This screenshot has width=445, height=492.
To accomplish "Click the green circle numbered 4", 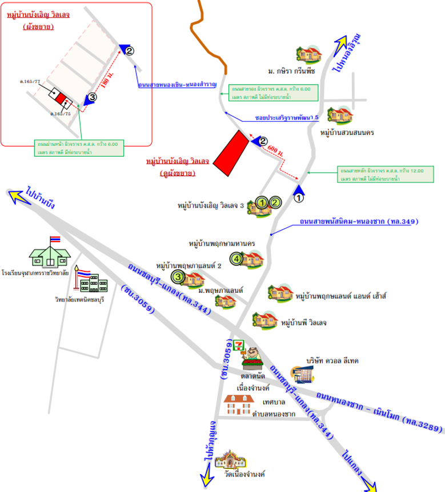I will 238,259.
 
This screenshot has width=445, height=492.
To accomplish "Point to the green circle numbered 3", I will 179,278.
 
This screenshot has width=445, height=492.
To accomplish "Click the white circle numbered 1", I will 298,199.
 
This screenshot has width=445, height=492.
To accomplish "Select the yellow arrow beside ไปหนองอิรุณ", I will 340,44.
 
